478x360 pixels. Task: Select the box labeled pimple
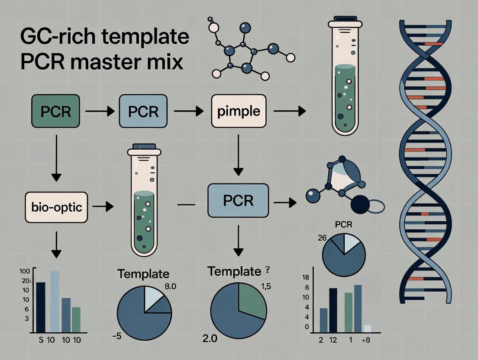coord(239,112)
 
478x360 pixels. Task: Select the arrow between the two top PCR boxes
coord(100,112)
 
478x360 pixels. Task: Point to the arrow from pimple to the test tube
coord(289,112)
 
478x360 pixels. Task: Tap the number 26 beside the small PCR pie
coord(322,237)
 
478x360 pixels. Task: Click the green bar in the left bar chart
coord(76,319)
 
